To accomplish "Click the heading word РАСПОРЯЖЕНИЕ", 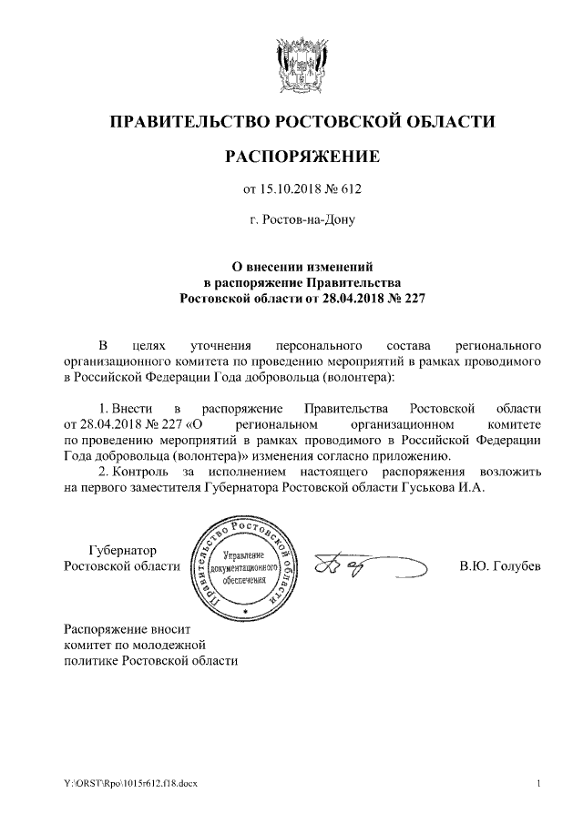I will (x=302, y=157).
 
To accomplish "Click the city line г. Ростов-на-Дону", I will (x=302, y=220).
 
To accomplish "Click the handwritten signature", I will (x=364, y=566).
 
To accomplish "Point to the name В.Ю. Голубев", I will (x=501, y=566).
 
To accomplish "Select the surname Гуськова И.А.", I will (x=445, y=487).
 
